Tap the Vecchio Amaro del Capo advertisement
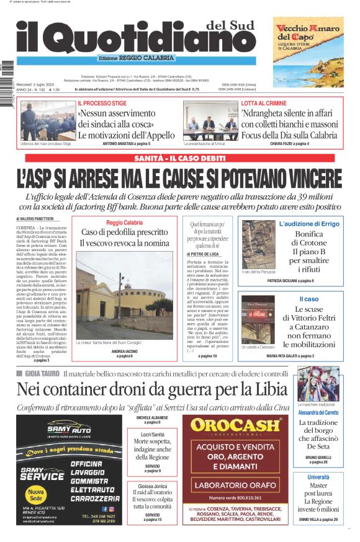pos(308,51)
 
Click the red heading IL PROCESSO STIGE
pos(102,103)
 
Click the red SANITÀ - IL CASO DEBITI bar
pos(180,159)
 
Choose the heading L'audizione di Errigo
pos(308,223)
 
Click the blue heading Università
pos(318,477)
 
